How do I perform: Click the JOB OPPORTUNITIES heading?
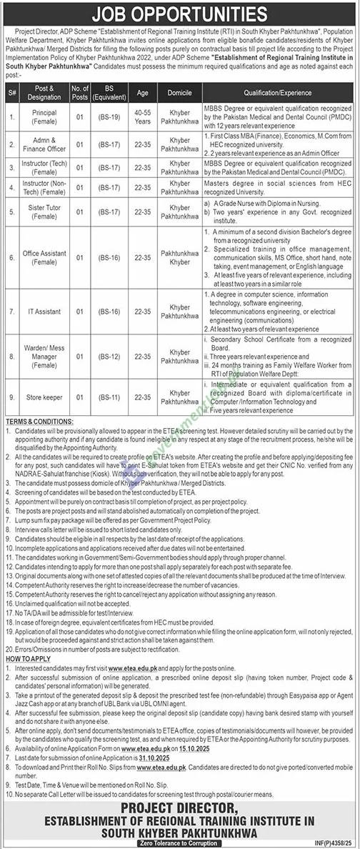(x=180, y=14)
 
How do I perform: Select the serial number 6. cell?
(x=12, y=258)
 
